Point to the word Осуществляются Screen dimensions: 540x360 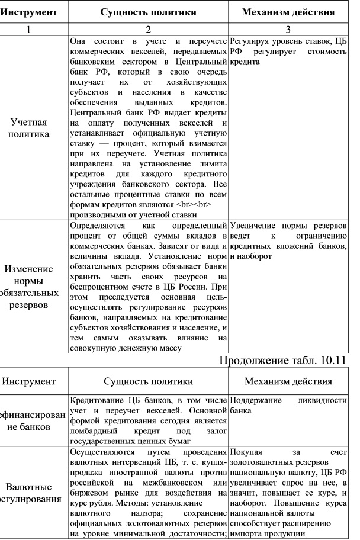coord(101,454)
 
